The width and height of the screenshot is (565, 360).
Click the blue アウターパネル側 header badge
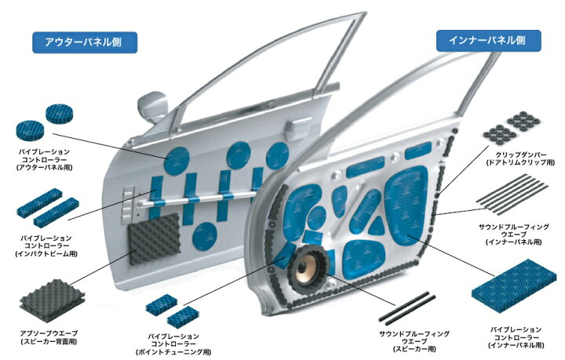85,42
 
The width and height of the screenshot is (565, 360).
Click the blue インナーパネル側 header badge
489,40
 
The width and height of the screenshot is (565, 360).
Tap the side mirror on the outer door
152,106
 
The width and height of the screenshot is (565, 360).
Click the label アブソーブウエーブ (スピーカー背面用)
49,337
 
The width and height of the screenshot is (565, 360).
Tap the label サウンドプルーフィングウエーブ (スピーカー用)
414,341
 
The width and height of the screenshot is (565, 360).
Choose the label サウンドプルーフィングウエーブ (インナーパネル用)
513,235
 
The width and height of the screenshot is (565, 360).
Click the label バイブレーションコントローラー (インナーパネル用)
516,337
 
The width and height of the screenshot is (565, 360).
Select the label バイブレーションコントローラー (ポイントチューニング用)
173,344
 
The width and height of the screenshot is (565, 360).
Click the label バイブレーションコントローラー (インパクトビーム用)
46,245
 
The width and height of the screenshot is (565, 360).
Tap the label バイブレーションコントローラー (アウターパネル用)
44,159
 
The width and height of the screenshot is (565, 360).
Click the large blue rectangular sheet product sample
514,286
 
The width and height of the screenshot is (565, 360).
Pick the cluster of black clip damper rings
512,128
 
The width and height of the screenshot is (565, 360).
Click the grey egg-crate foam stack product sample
53,300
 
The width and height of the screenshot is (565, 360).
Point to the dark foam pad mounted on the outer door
155,238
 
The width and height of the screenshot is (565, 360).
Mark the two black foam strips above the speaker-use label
407,307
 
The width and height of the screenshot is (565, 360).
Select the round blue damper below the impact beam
204,236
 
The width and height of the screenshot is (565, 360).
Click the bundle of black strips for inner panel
512,194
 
